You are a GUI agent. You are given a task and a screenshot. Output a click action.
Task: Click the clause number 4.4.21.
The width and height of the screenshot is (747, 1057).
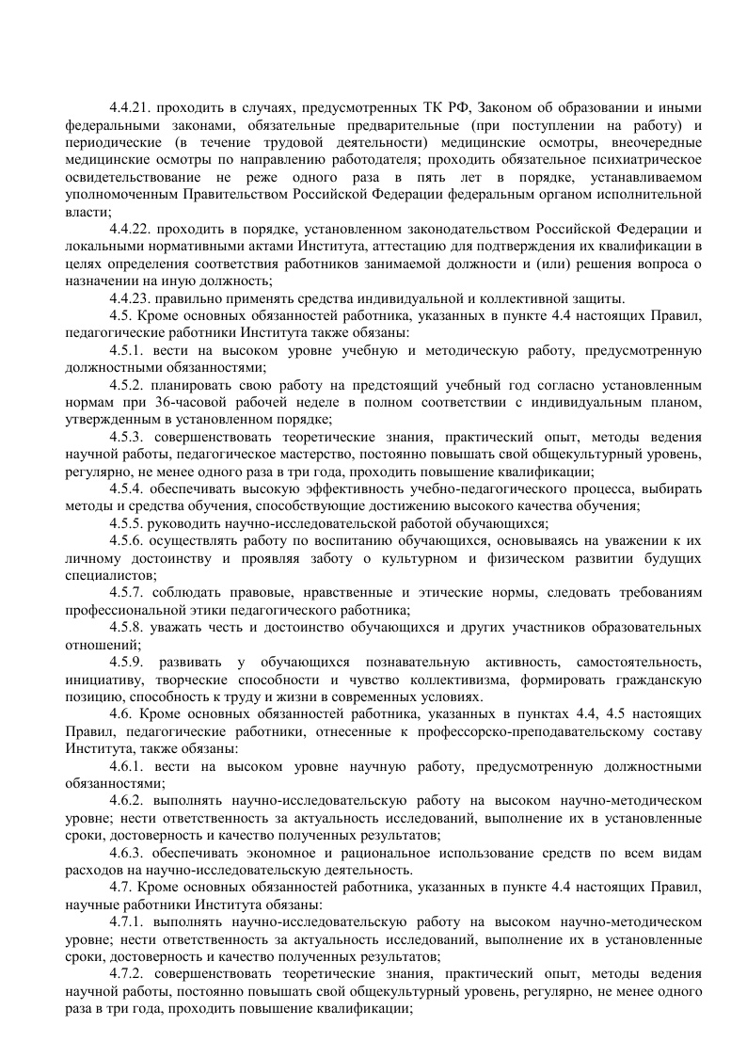tap(131, 107)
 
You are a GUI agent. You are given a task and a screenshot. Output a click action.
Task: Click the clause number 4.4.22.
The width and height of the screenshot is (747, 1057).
tap(131, 229)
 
